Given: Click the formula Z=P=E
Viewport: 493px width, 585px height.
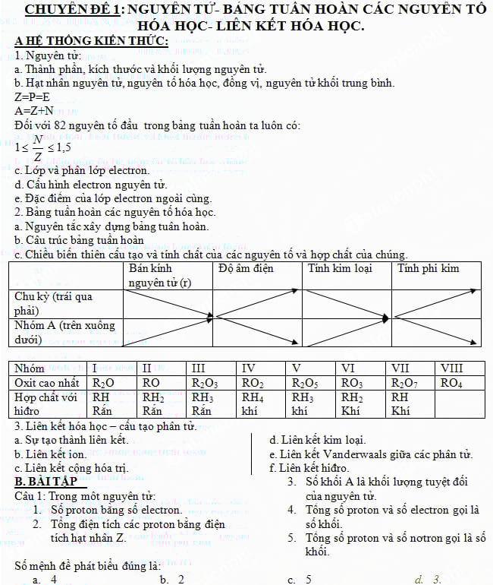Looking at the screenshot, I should tap(33, 97).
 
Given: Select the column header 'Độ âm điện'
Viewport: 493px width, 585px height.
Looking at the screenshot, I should tap(245, 269).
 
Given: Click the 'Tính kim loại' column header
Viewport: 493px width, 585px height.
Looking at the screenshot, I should tap(339, 269).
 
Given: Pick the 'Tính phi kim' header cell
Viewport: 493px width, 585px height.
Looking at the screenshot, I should tap(429, 269).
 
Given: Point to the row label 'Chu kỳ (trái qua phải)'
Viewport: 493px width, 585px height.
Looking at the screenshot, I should tap(53, 303).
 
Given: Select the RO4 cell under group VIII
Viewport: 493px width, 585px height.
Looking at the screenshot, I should tap(451, 383).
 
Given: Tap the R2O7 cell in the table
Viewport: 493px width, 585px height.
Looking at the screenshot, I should tap(404, 383).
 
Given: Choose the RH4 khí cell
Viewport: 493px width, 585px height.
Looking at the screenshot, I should tap(253, 403).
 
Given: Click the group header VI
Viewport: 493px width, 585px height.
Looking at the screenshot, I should tap(348, 368).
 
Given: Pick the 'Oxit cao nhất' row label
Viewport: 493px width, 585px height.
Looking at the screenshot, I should tap(47, 383).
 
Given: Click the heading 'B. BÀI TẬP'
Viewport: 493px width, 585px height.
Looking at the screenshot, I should tap(47, 482).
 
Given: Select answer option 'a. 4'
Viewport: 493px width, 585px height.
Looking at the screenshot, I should tap(45, 580).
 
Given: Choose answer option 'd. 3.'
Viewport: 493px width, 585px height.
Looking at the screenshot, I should tap(427, 580).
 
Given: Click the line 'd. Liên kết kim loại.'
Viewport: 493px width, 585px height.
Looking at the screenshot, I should tap(318, 440).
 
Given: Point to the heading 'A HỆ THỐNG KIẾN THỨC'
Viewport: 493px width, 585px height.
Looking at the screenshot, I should tap(91, 41).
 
